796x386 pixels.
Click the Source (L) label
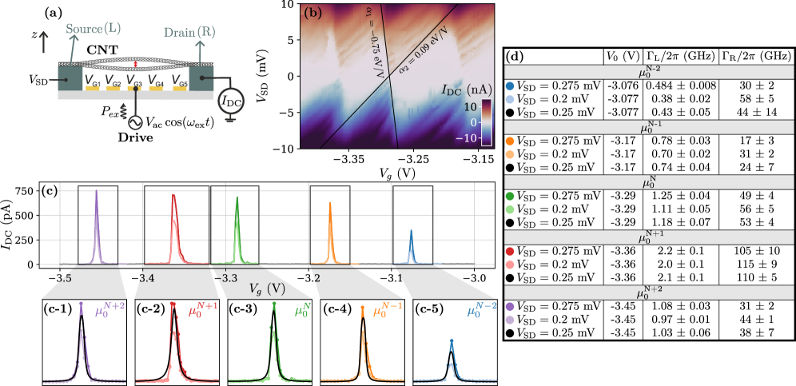pos(94,29)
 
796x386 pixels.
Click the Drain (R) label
pos(189,33)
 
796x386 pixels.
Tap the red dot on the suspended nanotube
pos(136,63)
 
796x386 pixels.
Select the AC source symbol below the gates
pos(137,123)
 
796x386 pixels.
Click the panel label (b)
pos(312,14)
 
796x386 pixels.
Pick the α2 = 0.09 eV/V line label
pos(423,50)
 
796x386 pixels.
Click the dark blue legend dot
pos(510,86)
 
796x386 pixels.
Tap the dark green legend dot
pos(510,196)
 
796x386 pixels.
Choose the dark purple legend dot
pos(510,306)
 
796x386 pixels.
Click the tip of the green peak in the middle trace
pos(237,197)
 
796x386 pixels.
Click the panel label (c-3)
pos(244,308)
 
